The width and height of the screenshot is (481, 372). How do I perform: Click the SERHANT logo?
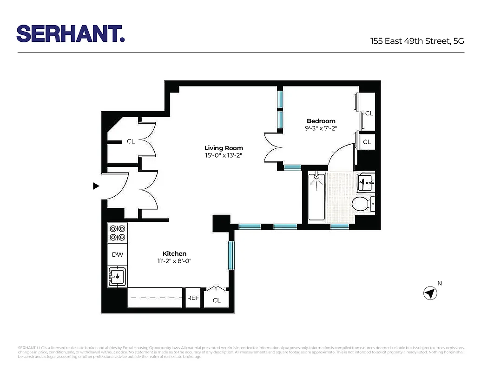point(71,33)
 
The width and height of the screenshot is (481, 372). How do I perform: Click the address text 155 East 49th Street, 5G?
point(417,41)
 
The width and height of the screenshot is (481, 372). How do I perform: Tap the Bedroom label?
point(321,121)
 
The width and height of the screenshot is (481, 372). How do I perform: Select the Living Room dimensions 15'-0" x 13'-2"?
point(224,156)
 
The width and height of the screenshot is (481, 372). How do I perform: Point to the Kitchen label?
point(174,253)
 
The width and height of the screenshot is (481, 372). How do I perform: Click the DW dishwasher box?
point(118,254)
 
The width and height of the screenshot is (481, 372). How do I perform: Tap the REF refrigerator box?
point(193,298)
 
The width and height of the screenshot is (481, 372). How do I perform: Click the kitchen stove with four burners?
point(118,233)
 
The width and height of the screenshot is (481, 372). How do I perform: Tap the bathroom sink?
point(366,182)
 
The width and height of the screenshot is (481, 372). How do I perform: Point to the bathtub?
point(317,197)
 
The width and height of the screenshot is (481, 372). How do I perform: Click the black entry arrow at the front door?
point(96,186)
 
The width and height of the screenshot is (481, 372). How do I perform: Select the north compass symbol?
point(430,293)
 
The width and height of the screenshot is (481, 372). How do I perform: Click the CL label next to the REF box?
point(217,300)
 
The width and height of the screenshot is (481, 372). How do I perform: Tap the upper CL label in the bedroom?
point(369,113)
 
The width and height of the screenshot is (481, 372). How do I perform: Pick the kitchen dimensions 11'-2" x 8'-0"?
point(174,261)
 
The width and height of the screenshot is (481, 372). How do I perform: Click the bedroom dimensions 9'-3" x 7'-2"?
point(321,129)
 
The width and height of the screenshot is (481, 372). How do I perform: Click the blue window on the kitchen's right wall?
point(231,255)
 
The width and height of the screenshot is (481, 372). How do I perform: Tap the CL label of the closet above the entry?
point(131,141)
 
